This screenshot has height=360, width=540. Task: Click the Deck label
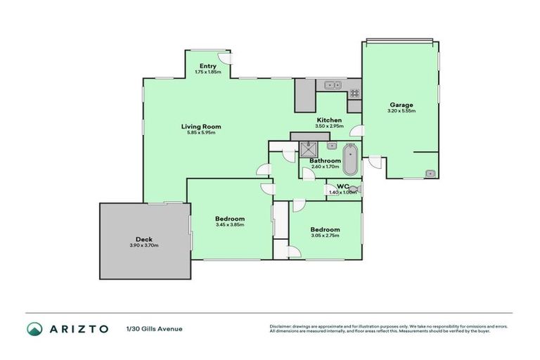coord(144,239)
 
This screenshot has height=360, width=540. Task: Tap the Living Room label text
coord(201,127)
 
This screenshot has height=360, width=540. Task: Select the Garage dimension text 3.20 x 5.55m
coord(401,111)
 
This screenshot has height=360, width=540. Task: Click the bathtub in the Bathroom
coord(349,159)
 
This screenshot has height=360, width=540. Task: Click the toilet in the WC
coord(356,188)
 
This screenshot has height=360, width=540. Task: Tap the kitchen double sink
coord(328,86)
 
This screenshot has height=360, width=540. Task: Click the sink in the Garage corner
coord(430,173)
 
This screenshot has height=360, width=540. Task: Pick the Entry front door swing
coord(222,59)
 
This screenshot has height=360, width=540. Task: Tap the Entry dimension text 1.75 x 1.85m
coord(207,72)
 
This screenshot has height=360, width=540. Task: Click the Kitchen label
coord(329,120)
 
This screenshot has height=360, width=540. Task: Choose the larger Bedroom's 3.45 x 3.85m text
coord(230,225)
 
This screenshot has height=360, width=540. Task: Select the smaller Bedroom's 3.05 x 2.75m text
coord(326,236)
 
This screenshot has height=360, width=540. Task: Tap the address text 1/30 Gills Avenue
coord(154,328)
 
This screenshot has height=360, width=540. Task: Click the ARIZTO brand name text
coord(79,328)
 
